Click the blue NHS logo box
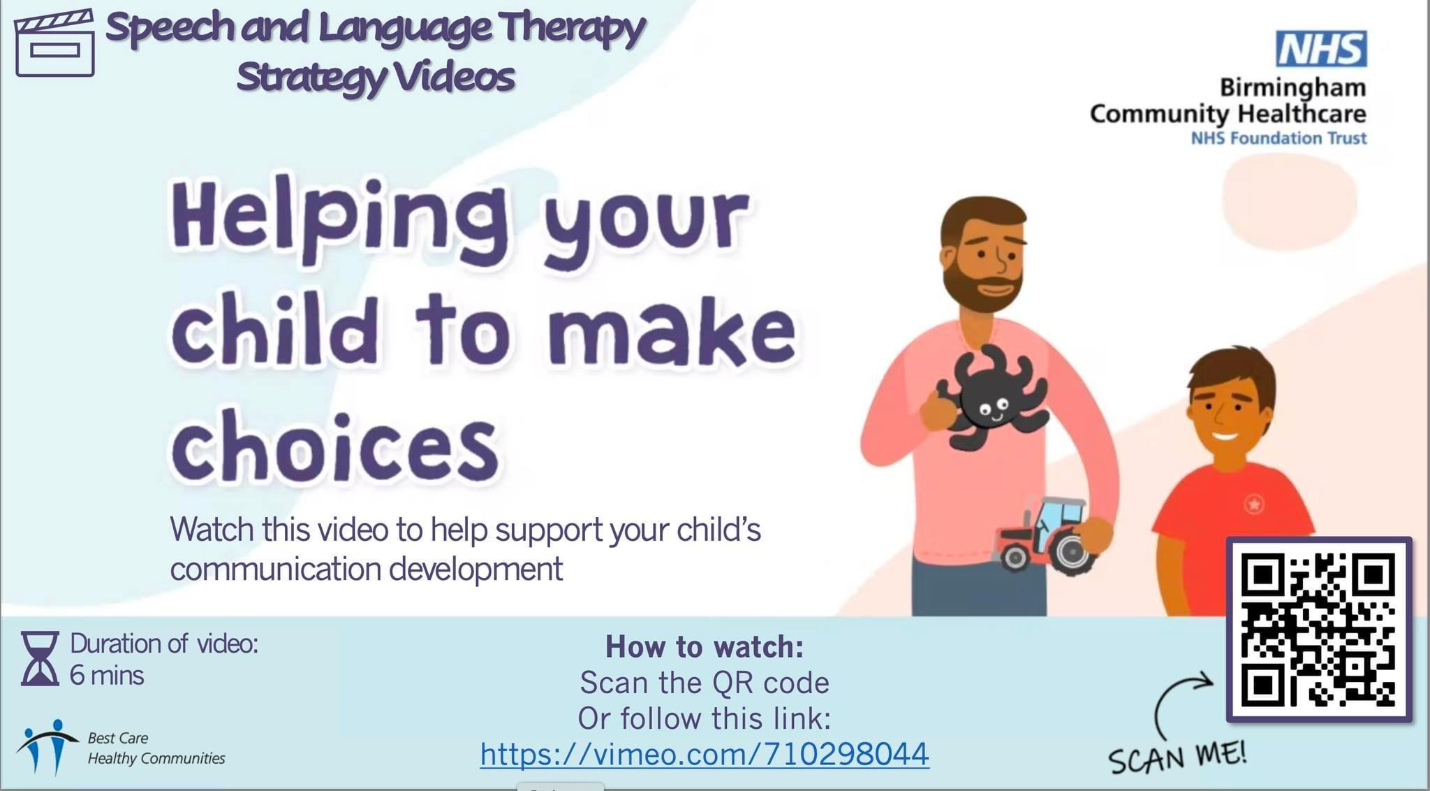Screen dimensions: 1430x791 [x=1321, y=49]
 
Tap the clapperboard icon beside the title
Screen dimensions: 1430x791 [x=54, y=43]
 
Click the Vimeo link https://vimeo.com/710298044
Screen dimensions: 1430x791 [x=705, y=754]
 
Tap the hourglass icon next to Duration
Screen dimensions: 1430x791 [x=40, y=658]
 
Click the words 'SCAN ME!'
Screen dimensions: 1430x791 [x=1178, y=757]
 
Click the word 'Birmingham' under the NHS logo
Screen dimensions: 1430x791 [x=1292, y=87]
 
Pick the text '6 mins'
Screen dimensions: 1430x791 [x=107, y=676]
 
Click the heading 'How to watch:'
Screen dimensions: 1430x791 [x=705, y=647]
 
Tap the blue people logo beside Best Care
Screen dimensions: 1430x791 [x=47, y=746]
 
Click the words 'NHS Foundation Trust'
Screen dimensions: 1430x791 [x=1278, y=138]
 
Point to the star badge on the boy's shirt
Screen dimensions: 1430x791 [x=1254, y=502]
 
